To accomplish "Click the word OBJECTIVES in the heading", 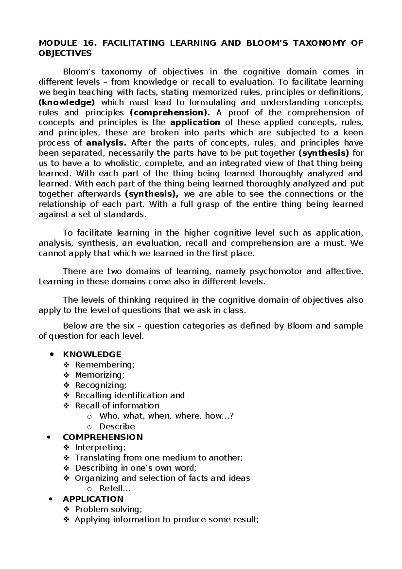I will pyautogui.click(x=65, y=53).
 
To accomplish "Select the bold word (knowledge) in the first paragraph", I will pyautogui.click(x=67, y=102).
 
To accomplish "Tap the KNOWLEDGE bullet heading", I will pyautogui.click(x=92, y=354).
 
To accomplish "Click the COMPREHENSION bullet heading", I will pyautogui.click(x=103, y=437).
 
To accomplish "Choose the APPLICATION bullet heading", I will pyautogui.click(x=93, y=499).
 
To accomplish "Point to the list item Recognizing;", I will pyautogui.click(x=101, y=385).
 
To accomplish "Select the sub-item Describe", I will pyautogui.click(x=117, y=426).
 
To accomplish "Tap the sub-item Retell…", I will pyautogui.click(x=115, y=488).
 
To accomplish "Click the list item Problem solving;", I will pyautogui.click(x=109, y=509).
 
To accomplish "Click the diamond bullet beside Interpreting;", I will pyautogui.click(x=66, y=448).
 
